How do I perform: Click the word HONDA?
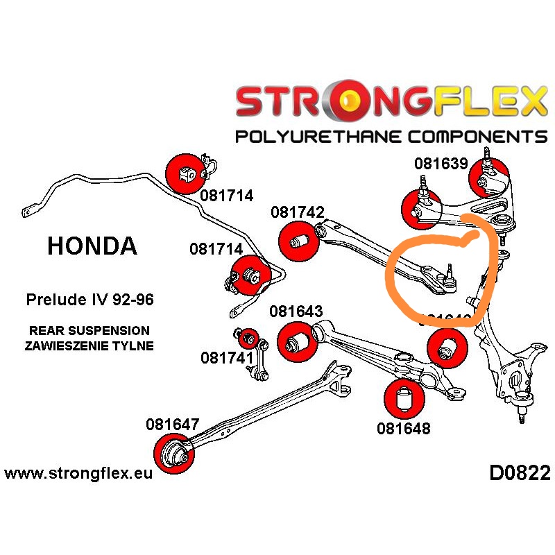pyautogui.click(x=92, y=246)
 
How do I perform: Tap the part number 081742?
pyautogui.click(x=298, y=213)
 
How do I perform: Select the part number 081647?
pyautogui.click(x=173, y=424)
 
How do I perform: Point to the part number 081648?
pyautogui.click(x=404, y=428)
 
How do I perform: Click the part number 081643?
pyautogui.click(x=296, y=312)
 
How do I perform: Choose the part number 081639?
pyautogui.click(x=441, y=164)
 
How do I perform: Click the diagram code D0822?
pyautogui.click(x=520, y=474)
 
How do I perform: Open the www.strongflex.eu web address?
pyautogui.click(x=78, y=474)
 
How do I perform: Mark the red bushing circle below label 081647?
pyautogui.click(x=173, y=455)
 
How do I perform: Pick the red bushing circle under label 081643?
pyautogui.click(x=297, y=341)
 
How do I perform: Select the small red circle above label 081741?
pyautogui.click(x=248, y=339)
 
